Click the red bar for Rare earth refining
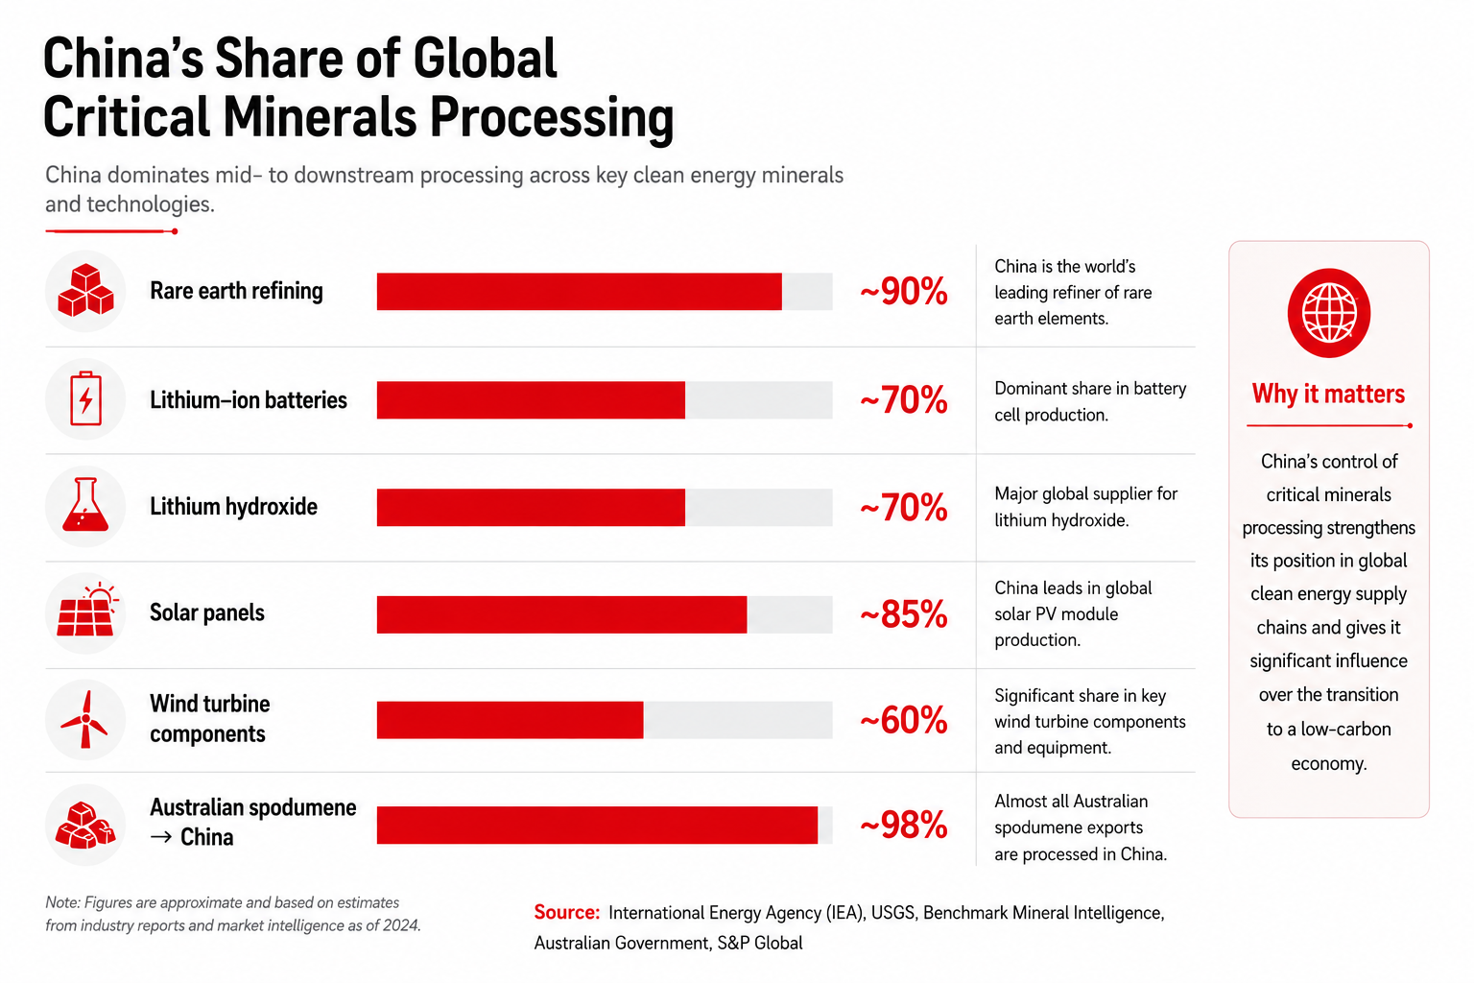(x=579, y=292)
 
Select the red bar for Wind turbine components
(x=510, y=720)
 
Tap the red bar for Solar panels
(x=562, y=614)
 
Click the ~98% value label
(x=903, y=825)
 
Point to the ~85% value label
(x=903, y=614)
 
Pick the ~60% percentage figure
(x=903, y=720)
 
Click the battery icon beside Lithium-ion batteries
(x=85, y=398)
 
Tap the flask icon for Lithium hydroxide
(x=85, y=505)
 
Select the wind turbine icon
(x=84, y=719)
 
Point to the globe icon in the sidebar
(x=1328, y=313)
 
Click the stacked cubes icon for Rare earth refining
(x=85, y=290)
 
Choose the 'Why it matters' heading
(x=1328, y=394)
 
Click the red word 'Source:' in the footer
(x=566, y=912)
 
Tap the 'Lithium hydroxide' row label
(x=233, y=506)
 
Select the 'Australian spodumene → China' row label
(x=253, y=823)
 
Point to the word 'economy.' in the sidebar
(x=1328, y=764)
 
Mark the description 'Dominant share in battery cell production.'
(x=1090, y=401)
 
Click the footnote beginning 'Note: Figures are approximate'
(x=233, y=914)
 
